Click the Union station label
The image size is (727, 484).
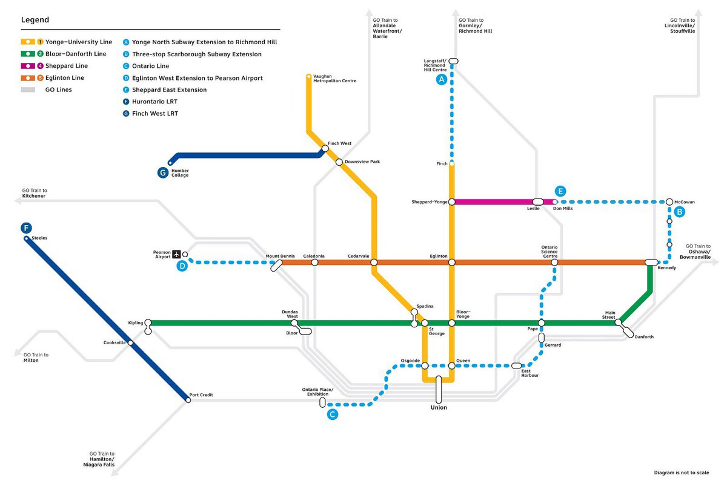[439, 408]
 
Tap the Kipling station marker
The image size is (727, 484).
[148, 323]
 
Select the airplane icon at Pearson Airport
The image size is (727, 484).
[176, 254]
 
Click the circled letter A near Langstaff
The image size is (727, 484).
[442, 80]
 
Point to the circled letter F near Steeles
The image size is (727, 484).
[25, 228]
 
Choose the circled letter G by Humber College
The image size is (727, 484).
[162, 173]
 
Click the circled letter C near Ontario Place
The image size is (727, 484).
[332, 414]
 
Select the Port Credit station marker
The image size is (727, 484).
[188, 400]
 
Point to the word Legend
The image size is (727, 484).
[35, 20]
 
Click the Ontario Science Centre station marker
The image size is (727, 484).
[554, 263]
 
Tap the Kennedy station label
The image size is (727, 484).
[666, 267]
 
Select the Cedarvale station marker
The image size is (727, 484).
[374, 263]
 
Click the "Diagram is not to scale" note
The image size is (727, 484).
[682, 473]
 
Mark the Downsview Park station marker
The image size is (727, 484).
[339, 162]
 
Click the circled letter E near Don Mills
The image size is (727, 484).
[560, 191]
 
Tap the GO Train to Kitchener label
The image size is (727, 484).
[35, 193]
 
